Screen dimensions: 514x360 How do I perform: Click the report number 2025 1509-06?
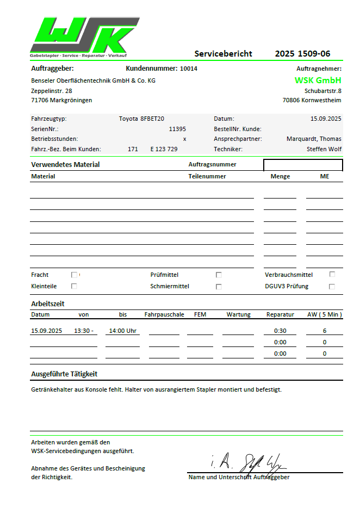(302, 53)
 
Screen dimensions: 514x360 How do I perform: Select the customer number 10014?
(189, 69)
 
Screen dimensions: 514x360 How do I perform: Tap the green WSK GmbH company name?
(318, 80)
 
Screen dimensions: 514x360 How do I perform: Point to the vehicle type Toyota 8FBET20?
(141, 118)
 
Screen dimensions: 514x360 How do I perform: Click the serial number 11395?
(177, 129)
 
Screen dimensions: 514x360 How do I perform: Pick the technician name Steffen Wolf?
(324, 149)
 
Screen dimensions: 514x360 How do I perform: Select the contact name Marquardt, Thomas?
(314, 139)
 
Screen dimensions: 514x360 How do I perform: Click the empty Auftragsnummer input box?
(303, 165)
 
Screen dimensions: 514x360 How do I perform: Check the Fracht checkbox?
(74, 275)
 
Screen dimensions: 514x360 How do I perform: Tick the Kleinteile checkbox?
(74, 286)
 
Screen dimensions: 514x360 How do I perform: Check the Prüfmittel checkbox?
(219, 275)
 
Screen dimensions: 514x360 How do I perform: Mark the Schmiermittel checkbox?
(219, 286)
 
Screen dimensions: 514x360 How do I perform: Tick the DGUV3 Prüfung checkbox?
(332, 286)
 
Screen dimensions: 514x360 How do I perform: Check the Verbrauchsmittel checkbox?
(332, 274)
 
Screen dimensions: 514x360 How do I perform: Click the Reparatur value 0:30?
(280, 331)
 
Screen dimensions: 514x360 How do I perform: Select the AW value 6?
(324, 331)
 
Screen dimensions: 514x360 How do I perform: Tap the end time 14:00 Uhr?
(123, 330)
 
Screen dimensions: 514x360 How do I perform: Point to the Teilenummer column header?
(207, 176)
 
